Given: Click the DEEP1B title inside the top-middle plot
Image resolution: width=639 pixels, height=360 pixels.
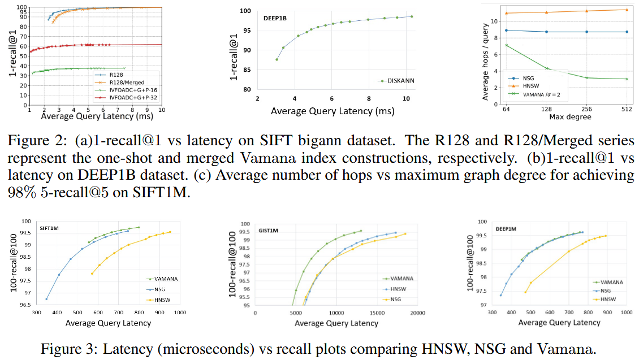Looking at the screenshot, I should point(275,18).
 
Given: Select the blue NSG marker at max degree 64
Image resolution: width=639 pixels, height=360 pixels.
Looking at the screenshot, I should point(507,31).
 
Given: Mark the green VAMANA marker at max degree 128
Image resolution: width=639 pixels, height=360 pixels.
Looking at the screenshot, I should point(547,68).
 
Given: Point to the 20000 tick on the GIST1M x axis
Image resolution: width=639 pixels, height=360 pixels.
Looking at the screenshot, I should point(418,314).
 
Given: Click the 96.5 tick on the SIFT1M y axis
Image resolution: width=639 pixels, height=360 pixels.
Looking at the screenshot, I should point(26,305).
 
